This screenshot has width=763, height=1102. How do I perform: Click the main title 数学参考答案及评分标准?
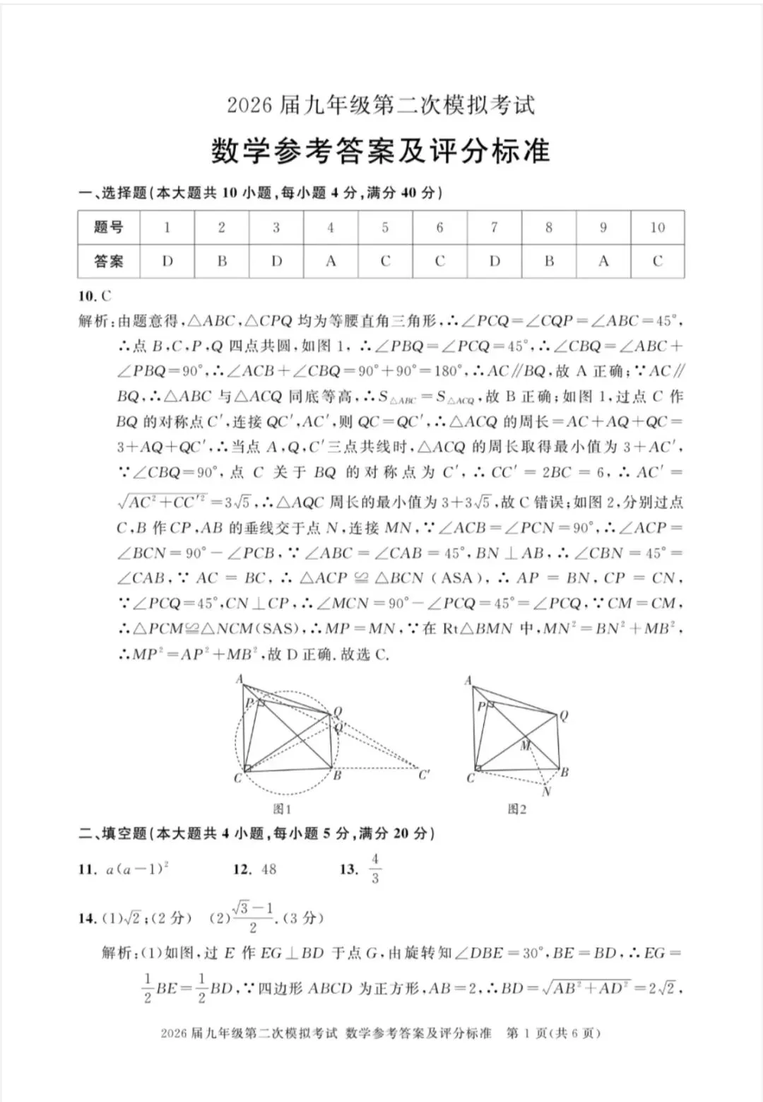(x=380, y=151)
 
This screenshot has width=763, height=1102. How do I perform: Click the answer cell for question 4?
(x=331, y=261)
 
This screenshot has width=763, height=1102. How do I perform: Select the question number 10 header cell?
(x=657, y=228)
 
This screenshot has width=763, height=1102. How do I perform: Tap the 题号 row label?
(x=109, y=228)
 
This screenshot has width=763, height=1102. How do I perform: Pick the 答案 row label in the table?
(x=109, y=261)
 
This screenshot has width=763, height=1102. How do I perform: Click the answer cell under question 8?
(x=549, y=261)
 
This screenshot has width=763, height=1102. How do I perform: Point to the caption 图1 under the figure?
(x=282, y=809)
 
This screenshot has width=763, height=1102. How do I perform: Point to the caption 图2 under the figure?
(x=517, y=809)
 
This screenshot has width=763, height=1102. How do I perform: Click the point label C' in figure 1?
(x=424, y=775)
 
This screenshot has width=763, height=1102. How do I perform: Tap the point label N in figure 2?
(x=546, y=792)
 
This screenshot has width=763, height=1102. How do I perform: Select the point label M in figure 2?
(x=526, y=745)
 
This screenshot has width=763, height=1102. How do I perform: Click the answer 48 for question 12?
(x=268, y=869)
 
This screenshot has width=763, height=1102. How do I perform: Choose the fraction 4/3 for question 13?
(x=374, y=869)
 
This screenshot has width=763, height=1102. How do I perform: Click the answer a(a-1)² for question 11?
(x=137, y=869)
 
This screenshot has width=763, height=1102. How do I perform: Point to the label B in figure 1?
(x=338, y=775)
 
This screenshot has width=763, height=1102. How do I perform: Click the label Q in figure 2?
(x=563, y=716)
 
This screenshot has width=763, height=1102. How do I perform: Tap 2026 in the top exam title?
(x=249, y=105)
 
